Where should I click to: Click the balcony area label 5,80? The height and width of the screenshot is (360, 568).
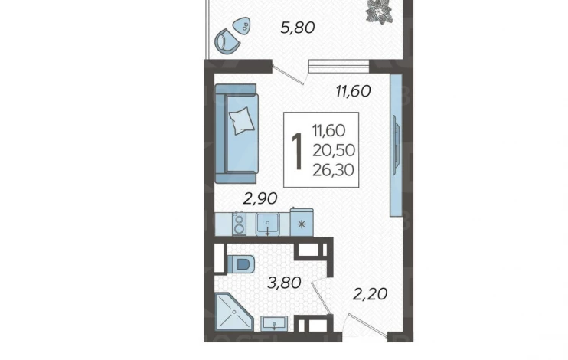[x=298, y=28]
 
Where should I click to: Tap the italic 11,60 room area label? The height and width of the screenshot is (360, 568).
[x=353, y=91]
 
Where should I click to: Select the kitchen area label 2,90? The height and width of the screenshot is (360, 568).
[x=260, y=198]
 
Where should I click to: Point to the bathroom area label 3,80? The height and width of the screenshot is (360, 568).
[x=284, y=283]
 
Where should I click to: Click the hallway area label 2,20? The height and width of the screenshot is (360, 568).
[x=370, y=294]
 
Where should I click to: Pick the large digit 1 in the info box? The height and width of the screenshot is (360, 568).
[x=297, y=151]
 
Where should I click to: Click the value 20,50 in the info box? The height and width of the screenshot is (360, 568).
[x=334, y=150]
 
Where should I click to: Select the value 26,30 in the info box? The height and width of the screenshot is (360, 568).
[x=333, y=170]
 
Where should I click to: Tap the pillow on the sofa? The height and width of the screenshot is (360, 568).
[x=241, y=120]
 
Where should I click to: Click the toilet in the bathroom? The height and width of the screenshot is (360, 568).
[x=240, y=263]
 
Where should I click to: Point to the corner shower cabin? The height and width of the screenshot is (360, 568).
[x=233, y=312]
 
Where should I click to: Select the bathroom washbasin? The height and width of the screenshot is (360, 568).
[x=274, y=323]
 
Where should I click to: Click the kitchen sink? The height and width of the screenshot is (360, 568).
[x=268, y=224]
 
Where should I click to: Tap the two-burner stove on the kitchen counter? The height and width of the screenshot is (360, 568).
[x=239, y=224]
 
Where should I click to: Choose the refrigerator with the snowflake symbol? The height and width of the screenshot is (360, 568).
[x=302, y=222]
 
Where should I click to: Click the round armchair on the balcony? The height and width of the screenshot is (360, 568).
[x=227, y=41]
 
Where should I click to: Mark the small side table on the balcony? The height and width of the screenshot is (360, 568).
[x=242, y=26]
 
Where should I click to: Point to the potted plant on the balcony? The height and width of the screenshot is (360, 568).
[x=379, y=11]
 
